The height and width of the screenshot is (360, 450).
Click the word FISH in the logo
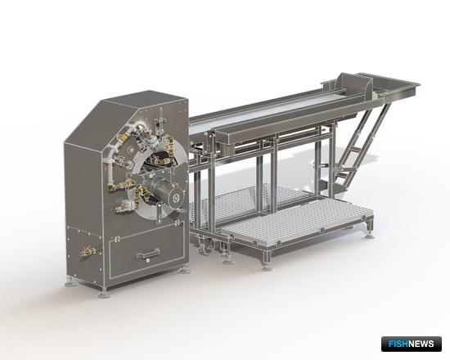(x=398, y=344)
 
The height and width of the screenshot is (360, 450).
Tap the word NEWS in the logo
(x=421, y=344)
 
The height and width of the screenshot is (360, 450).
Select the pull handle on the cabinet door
(x=148, y=254)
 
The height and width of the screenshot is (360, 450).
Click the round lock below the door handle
(x=148, y=261)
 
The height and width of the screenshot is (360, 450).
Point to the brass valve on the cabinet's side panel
(x=88, y=250)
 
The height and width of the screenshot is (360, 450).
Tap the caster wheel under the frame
(x=207, y=245)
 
